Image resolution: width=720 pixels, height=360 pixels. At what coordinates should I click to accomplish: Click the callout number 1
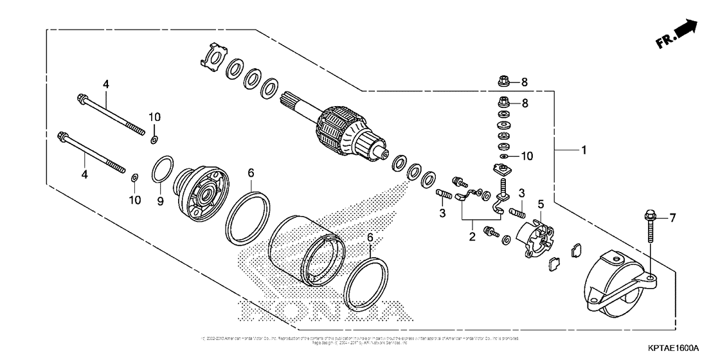[x=584, y=150]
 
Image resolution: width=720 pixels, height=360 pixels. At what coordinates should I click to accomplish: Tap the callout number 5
[x=541, y=205]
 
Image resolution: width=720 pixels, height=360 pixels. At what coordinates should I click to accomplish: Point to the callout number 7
[x=673, y=219]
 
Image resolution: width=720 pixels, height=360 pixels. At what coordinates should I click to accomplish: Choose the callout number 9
[x=159, y=201]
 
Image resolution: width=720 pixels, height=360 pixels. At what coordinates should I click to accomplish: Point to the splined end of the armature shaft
[x=293, y=99]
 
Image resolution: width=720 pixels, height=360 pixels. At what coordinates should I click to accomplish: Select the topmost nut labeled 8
[x=504, y=82]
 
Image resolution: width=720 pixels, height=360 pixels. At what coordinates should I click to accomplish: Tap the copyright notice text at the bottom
[x=360, y=339]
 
